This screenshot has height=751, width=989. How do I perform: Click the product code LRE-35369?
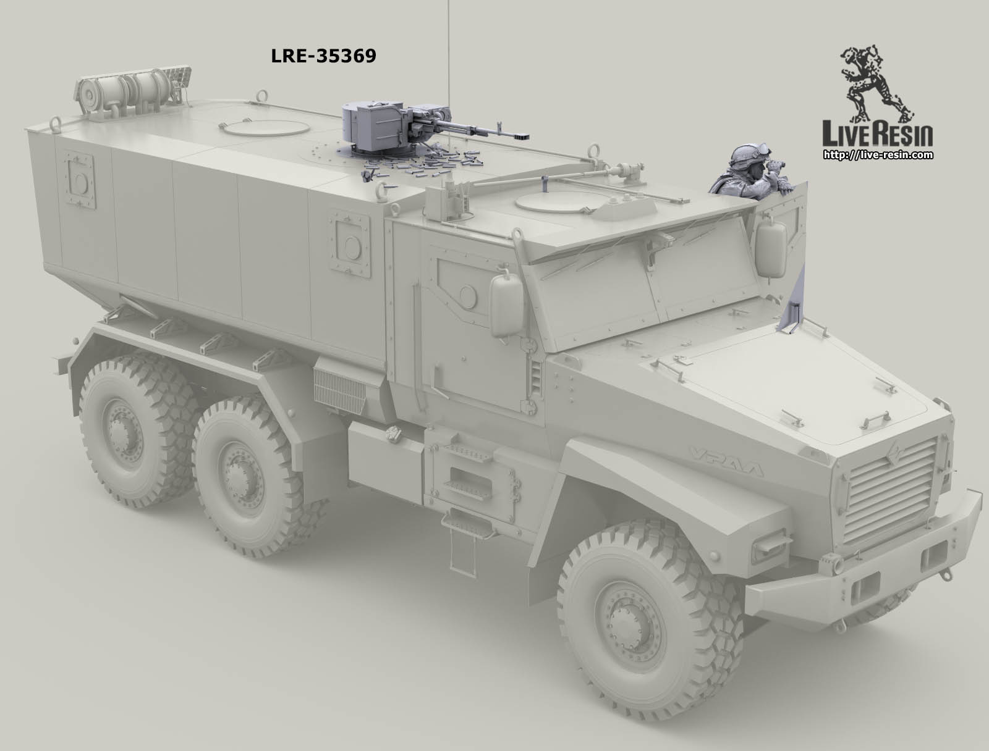click(x=323, y=56)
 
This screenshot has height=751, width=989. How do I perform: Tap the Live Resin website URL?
click(x=878, y=155)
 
